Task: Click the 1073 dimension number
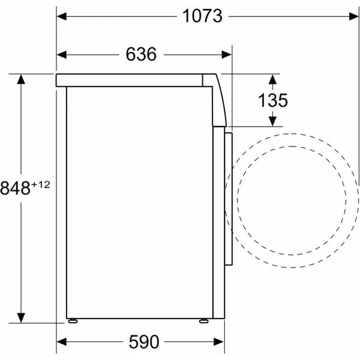click(x=202, y=16)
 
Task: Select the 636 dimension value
click(x=141, y=54)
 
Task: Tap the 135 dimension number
click(x=273, y=100)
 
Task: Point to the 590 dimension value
click(x=144, y=342)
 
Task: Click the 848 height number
click(x=15, y=188)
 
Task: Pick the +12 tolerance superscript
click(x=41, y=185)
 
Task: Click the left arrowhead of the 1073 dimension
click(x=62, y=17)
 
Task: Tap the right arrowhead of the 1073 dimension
click(x=353, y=17)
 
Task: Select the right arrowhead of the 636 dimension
click(x=227, y=55)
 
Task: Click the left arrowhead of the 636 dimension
click(x=62, y=55)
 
